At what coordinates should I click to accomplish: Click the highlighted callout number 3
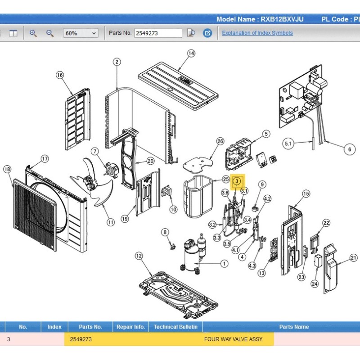[x=237, y=181]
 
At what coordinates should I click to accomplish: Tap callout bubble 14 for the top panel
[x=191, y=54]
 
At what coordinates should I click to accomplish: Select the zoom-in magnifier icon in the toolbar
[x=33, y=33]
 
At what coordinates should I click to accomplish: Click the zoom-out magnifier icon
[x=50, y=33]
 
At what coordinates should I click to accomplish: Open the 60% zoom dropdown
[x=81, y=33]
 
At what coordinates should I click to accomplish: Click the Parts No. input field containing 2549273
[x=158, y=33]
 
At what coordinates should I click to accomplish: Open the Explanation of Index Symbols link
[x=257, y=33]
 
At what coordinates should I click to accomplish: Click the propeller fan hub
[x=90, y=182]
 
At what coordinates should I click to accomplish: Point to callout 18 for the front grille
[x=7, y=170]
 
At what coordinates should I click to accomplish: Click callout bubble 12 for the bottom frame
[x=139, y=256]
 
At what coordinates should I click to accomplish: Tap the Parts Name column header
[x=294, y=327]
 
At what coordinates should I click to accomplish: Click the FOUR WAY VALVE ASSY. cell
[x=233, y=339]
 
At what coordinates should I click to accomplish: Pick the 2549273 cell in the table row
[x=81, y=339]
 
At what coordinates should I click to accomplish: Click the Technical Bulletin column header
[x=175, y=327]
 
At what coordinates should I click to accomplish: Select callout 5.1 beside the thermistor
[x=288, y=144]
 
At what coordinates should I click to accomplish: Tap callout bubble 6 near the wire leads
[x=350, y=149]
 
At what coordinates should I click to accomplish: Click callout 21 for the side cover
[x=354, y=258]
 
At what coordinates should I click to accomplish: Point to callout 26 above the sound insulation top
[x=220, y=141]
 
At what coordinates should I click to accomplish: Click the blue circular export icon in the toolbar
[x=207, y=33]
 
